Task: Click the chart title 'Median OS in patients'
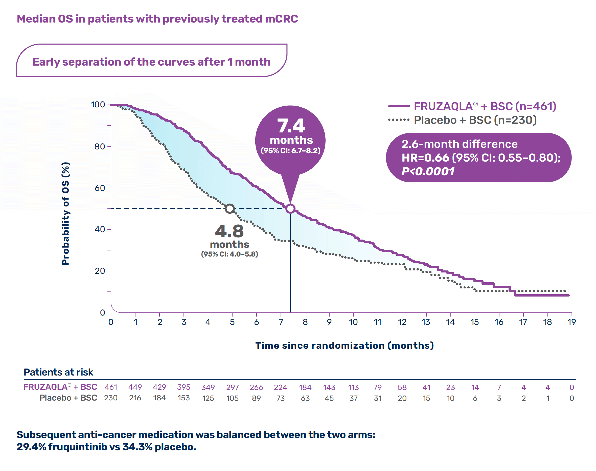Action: [157, 19]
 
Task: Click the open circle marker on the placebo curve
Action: [230, 208]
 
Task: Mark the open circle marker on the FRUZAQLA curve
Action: [290, 208]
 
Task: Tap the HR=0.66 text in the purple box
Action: [425, 158]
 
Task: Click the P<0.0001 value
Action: [428, 171]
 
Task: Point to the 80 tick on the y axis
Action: [100, 146]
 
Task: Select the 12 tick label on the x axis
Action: [402, 322]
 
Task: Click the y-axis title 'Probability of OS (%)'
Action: [65, 213]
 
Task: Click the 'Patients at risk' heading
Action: [58, 372]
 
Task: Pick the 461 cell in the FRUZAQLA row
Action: [111, 387]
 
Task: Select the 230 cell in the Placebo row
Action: [111, 398]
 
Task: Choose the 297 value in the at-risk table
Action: [232, 387]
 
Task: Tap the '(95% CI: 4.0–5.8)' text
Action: [229, 254]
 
